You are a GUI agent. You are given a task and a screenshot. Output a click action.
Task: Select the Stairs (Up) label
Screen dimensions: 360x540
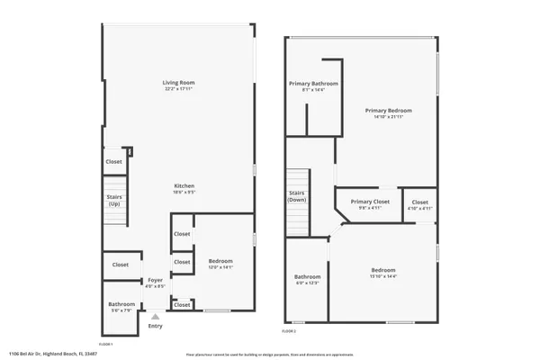[114, 199]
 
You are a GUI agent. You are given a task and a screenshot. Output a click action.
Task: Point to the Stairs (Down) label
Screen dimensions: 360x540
[297, 196]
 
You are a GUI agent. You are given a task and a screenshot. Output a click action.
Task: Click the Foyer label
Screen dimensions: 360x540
[155, 280]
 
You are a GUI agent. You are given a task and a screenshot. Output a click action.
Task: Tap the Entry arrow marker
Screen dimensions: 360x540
[155, 316]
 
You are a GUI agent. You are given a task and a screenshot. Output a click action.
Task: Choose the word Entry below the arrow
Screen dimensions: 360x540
[155, 326]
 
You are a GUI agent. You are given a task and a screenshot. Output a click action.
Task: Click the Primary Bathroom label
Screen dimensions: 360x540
[307, 84]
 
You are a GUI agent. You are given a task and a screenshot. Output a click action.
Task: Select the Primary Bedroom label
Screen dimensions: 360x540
[388, 111]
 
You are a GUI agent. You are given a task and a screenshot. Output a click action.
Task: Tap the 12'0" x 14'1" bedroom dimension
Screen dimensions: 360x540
[220, 267]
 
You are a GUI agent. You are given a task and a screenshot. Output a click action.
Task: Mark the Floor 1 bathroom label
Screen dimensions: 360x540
[122, 304]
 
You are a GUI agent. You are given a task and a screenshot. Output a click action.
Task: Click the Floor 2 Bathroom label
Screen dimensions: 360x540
[308, 276]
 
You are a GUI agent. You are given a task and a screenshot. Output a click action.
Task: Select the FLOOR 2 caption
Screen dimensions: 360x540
[289, 332]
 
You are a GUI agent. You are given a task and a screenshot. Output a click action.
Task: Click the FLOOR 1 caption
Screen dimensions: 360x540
[104, 344]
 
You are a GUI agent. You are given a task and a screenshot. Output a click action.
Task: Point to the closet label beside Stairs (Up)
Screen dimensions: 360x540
[114, 162]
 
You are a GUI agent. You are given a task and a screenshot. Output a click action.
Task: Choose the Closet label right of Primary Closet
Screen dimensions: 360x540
[420, 202]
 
